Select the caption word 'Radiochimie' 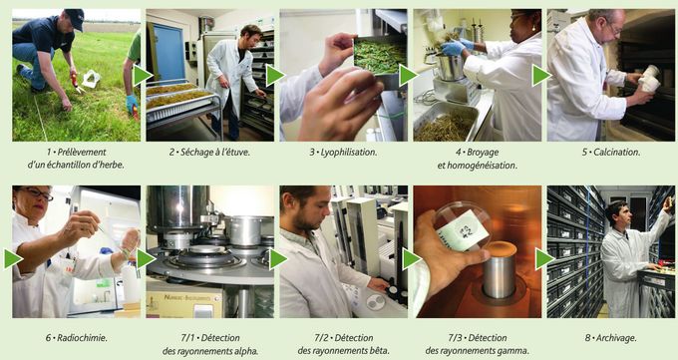(82, 338)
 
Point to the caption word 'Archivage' (616, 338)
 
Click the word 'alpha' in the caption (245, 351)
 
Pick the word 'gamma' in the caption (512, 351)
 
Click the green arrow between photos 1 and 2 (143, 75)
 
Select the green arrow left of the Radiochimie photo (13, 259)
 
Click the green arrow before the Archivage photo (544, 259)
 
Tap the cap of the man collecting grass (75, 19)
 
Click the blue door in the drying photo (169, 52)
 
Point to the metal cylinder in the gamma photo (500, 271)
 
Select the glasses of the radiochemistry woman (38, 193)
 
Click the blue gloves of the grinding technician (458, 47)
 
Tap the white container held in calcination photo (649, 79)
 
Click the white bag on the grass (92, 79)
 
